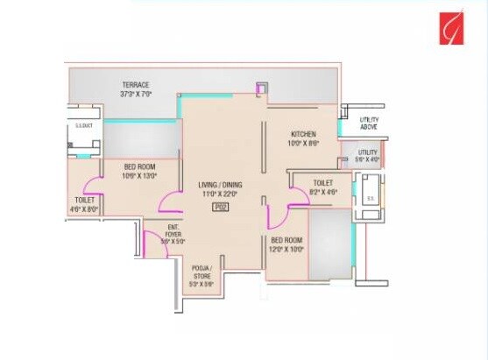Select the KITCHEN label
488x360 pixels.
[x=304, y=134]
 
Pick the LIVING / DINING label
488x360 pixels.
[x=222, y=187]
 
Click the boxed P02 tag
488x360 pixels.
[x=222, y=207]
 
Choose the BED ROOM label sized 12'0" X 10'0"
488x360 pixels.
[x=286, y=240]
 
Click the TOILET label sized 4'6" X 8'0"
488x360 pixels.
[x=86, y=200]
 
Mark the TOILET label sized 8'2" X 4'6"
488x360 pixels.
[x=317, y=182]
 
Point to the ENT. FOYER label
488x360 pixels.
[x=173, y=230]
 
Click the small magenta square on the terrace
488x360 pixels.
[x=259, y=88]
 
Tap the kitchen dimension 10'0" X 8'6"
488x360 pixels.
[x=304, y=144]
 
